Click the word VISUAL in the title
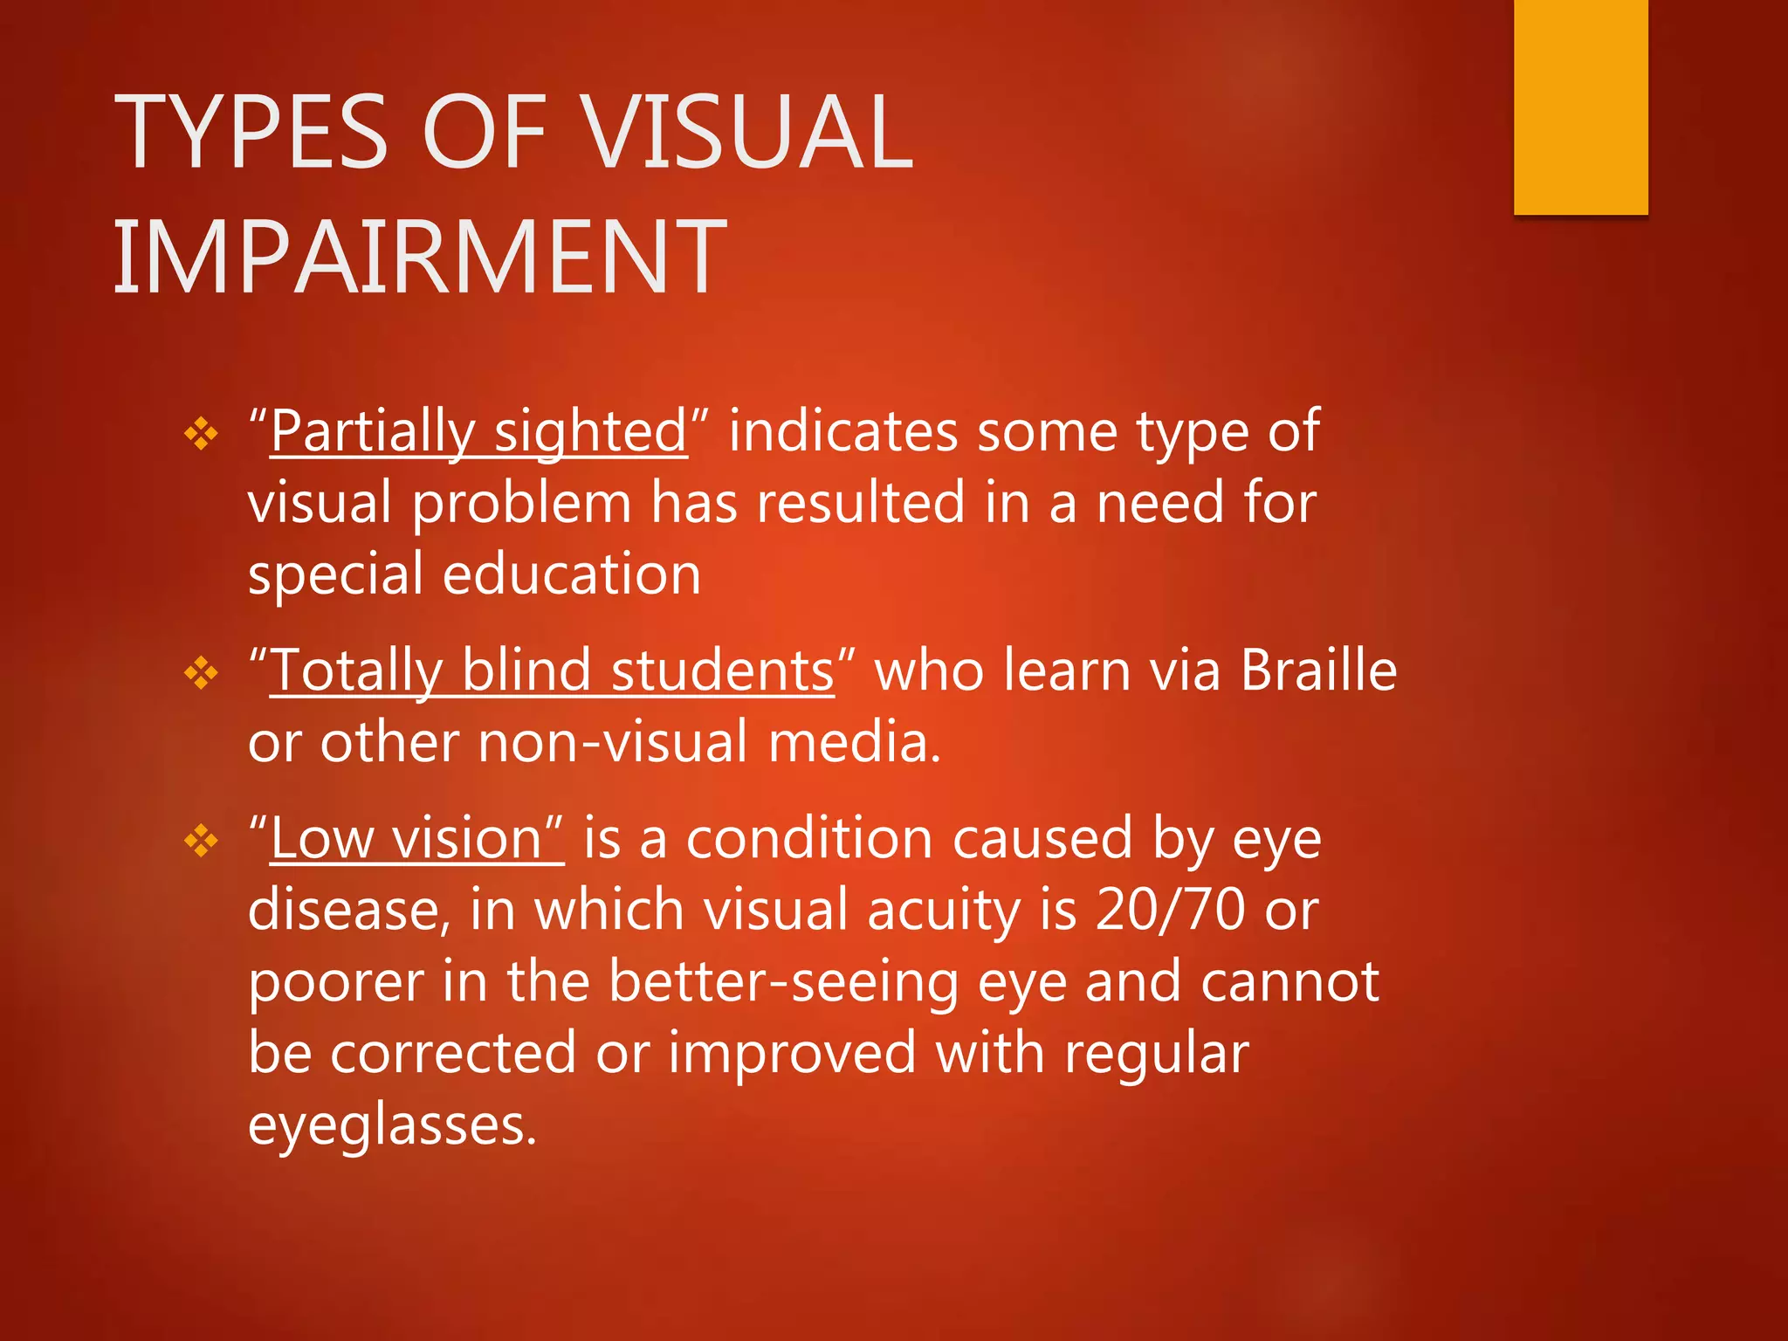pos(747,133)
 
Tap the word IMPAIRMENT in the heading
pos(420,258)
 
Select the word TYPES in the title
pos(251,133)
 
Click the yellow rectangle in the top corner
pos(1580,107)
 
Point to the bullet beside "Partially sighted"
pos(202,434)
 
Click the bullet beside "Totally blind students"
pos(202,673)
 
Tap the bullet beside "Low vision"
pos(202,841)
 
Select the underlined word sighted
pos(591,432)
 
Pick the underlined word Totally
pos(356,671)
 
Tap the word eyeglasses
pos(391,1126)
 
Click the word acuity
pos(944,911)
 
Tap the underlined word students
pos(722,671)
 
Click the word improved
pos(792,1053)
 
